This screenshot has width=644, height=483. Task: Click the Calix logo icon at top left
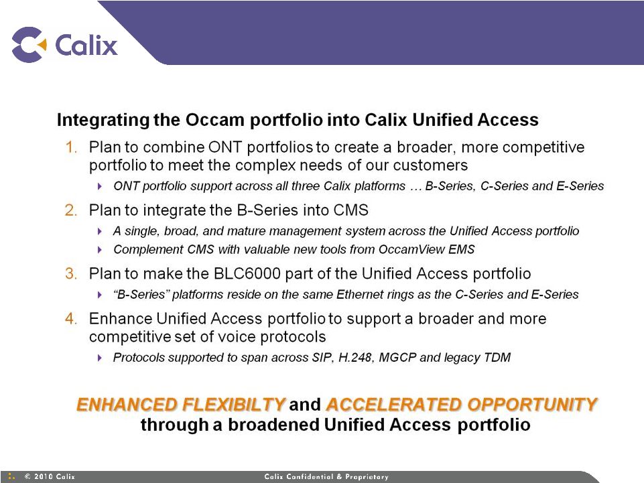(x=29, y=44)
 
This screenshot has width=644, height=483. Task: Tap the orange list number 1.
(x=72, y=147)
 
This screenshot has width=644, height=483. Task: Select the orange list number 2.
(x=71, y=210)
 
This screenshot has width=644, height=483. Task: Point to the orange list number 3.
(x=71, y=273)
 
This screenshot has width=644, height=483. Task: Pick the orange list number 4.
(x=71, y=319)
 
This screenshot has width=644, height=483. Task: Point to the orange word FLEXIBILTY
(x=233, y=405)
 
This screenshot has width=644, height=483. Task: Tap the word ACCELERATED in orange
(x=394, y=405)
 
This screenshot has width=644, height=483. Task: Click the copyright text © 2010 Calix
(x=50, y=476)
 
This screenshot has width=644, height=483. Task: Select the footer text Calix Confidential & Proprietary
(x=326, y=476)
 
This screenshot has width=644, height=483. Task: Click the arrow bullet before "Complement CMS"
(x=99, y=250)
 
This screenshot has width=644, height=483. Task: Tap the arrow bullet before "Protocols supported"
(x=99, y=358)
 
